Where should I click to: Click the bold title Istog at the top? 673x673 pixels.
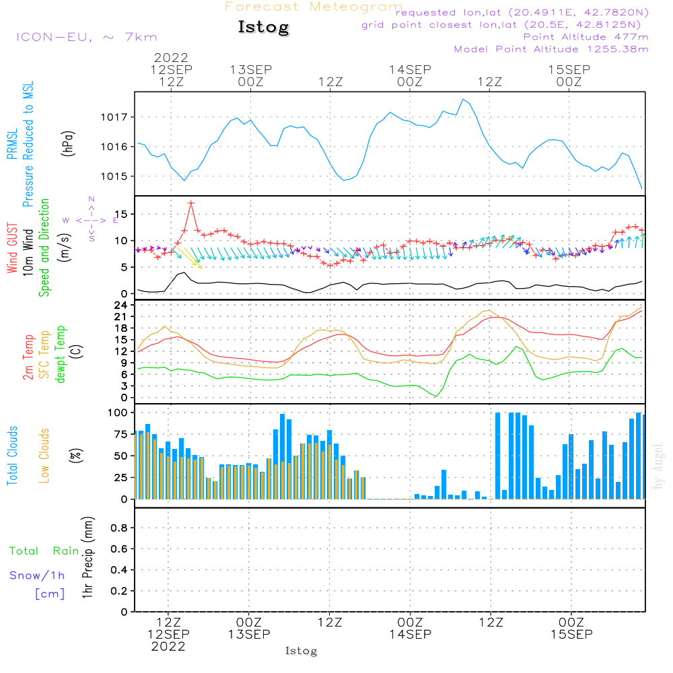point(264,28)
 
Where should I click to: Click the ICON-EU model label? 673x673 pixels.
point(54,37)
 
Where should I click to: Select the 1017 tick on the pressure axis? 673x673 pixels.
point(114,117)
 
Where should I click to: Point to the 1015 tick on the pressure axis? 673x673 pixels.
point(114,176)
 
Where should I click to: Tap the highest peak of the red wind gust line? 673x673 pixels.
point(191,203)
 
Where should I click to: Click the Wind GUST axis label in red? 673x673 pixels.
point(12,248)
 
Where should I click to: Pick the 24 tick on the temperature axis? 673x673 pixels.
point(120,305)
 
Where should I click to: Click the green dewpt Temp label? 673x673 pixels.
point(60,354)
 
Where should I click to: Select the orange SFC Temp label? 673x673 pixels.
point(44,355)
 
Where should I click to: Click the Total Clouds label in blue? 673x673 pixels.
point(12,456)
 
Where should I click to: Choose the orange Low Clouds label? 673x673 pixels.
point(44,456)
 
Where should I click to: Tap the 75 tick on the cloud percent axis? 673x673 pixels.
point(121,434)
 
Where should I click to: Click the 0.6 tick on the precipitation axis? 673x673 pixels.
point(119,549)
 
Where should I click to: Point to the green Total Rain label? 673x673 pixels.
point(44,551)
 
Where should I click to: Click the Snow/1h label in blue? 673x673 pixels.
point(37,575)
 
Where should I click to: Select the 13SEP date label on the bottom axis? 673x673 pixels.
point(249,635)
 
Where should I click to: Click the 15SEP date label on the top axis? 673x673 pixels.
point(569,69)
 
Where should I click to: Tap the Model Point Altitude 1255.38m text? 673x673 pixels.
point(551,49)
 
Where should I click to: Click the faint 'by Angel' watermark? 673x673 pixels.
point(658,466)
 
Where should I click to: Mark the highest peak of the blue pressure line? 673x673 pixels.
point(463,100)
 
